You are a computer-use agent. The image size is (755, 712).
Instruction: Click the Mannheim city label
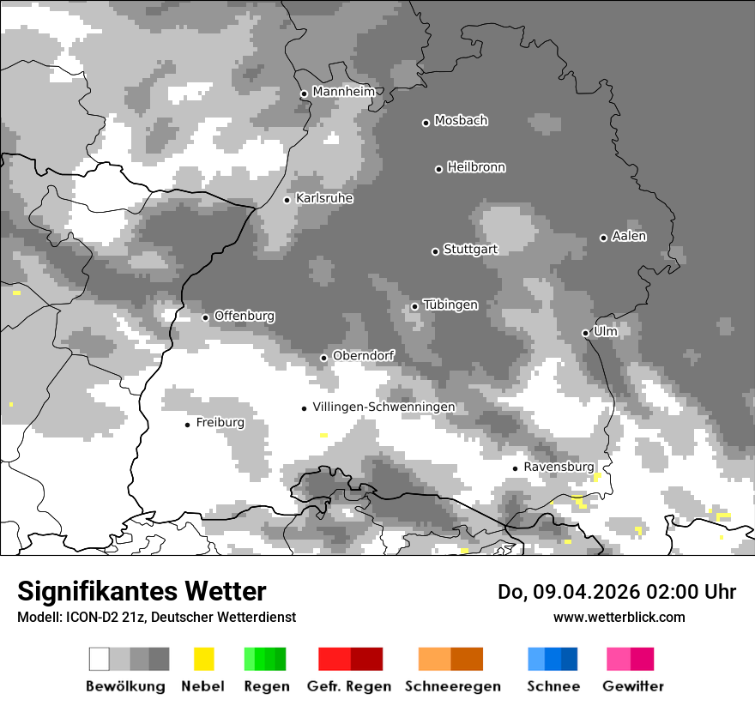343,92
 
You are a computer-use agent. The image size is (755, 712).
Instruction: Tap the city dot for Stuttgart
435,251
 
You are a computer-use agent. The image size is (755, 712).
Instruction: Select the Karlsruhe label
324,198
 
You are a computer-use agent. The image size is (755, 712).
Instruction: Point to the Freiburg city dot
187,425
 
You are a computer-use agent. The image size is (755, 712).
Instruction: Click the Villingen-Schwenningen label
384,407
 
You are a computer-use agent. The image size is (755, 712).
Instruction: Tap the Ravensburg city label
559,467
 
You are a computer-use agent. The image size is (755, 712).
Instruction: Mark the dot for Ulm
585,333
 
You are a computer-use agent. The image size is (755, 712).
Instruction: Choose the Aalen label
629,236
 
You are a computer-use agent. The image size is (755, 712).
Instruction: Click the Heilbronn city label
476,167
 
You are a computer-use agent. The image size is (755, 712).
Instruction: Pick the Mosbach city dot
426,123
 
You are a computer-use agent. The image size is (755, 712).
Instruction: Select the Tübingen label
450,305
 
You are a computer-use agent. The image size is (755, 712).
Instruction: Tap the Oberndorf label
364,356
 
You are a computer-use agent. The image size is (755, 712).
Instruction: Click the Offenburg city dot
205,317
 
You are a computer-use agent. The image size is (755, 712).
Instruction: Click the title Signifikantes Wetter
142,591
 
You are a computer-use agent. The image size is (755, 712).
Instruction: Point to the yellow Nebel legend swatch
203,659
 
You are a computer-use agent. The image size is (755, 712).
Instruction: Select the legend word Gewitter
633,686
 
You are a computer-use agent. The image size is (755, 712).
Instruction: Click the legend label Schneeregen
453,686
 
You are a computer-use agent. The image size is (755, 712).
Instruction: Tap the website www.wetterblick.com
619,617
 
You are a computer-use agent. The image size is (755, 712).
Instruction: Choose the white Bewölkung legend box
100,659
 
